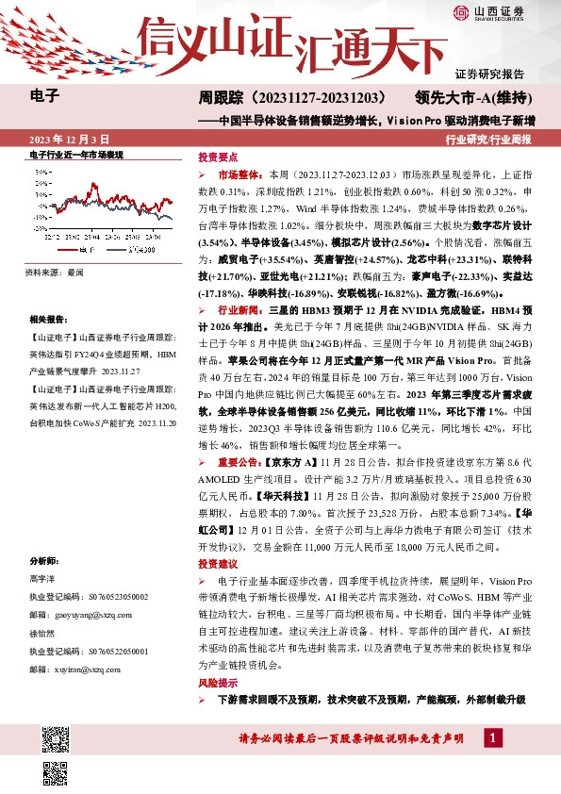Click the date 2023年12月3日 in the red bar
point(70,139)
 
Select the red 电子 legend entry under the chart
point(75,251)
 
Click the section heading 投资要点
point(216,157)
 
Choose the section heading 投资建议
point(216,563)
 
